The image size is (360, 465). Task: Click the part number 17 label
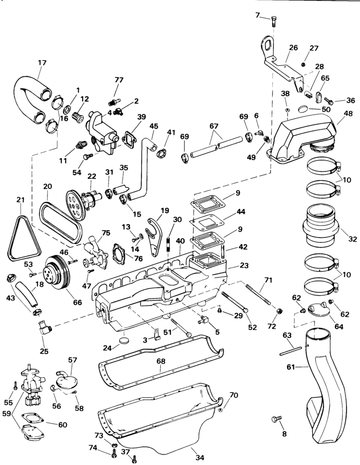(42, 63)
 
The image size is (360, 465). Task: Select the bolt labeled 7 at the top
(274, 21)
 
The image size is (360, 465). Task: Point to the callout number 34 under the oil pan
(200, 458)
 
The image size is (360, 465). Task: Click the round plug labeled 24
(124, 340)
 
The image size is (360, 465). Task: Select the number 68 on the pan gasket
(161, 361)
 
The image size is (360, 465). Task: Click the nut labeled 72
(279, 311)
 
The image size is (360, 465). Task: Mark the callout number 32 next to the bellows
(352, 238)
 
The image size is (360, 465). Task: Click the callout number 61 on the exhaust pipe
(290, 367)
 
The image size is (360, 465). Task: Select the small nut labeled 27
(303, 64)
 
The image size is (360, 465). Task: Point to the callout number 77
(119, 80)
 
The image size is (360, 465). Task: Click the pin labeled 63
(290, 351)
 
